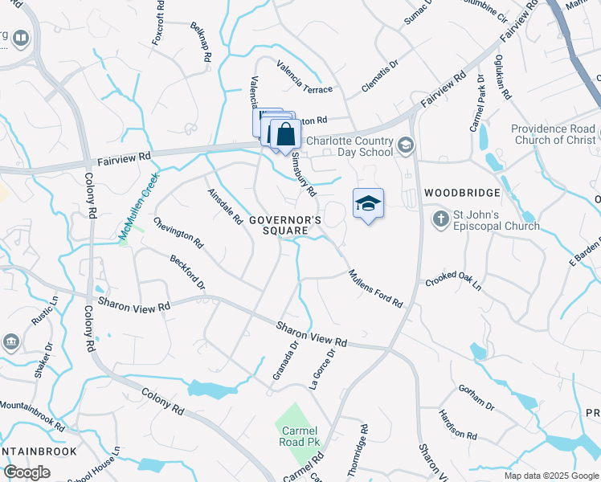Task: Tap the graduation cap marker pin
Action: pos(368,203)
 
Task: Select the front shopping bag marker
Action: pos(285,134)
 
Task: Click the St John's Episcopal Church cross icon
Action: pos(440,219)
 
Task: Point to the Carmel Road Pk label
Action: pos(298,436)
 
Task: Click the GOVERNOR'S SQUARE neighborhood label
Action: pos(285,225)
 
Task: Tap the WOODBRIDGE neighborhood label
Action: pos(462,193)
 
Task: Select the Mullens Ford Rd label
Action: pos(374,288)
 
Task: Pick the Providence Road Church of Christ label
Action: pos(554,135)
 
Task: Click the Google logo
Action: pos(27,472)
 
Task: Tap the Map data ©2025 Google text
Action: pos(550,476)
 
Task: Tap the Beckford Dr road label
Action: pos(187,273)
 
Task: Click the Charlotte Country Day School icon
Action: pos(405,145)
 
